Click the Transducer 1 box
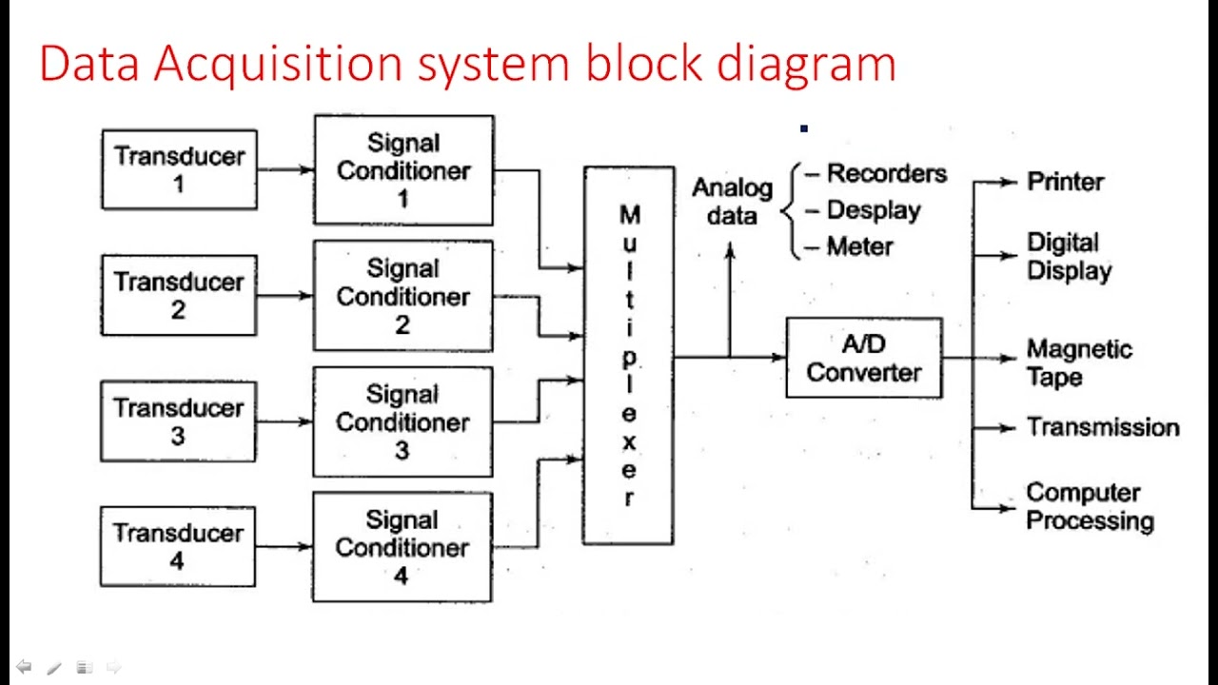(x=179, y=169)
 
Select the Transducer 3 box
(x=178, y=421)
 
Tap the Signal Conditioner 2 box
(x=403, y=296)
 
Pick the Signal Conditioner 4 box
(x=402, y=547)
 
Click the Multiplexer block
(x=628, y=356)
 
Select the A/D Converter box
(x=864, y=358)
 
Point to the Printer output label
(x=1065, y=182)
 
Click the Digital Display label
(x=1069, y=257)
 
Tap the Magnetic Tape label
(x=1078, y=363)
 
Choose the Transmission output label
(x=1102, y=427)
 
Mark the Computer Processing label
(x=1089, y=507)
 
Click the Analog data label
(x=732, y=202)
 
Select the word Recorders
(x=886, y=174)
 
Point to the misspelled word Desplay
(x=873, y=210)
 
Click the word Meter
(x=859, y=246)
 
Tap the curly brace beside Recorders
(x=789, y=210)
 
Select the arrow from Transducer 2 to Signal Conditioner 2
(x=285, y=296)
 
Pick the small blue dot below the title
(x=804, y=128)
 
